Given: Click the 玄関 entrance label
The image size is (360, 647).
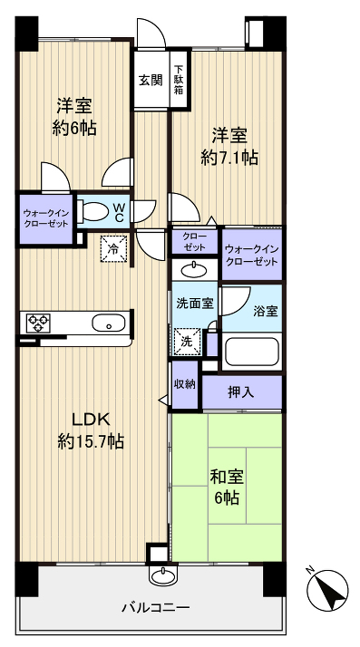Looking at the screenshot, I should [x=150, y=79].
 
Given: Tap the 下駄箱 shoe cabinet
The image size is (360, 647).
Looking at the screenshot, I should [x=180, y=79].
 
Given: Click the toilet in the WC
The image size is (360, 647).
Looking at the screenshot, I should [x=92, y=212].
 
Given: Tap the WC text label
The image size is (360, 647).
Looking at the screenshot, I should [x=119, y=211].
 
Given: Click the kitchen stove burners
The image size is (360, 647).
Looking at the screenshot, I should [x=38, y=323].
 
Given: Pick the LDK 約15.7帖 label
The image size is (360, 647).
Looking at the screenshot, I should [x=91, y=430].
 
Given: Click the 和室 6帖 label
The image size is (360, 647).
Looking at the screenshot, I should [x=227, y=486].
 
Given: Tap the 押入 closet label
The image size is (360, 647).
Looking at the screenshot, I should [x=241, y=391].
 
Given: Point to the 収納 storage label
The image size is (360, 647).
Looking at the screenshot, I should [x=185, y=383].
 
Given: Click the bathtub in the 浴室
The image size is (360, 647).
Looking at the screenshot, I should [x=252, y=352].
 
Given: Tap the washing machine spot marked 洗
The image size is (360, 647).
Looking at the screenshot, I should [x=186, y=342].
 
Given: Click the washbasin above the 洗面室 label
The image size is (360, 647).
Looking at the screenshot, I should [x=193, y=269].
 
